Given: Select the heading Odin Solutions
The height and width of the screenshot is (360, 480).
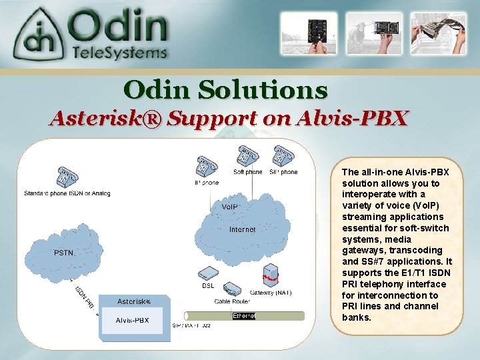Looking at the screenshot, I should click(x=226, y=89).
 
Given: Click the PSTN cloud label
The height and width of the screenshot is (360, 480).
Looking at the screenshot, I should click(x=64, y=253).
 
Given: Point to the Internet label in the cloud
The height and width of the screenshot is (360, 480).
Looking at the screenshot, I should click(x=242, y=229).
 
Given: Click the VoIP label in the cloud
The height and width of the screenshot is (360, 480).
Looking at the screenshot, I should click(x=229, y=207).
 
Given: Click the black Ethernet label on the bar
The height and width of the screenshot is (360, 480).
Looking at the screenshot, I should click(x=243, y=315).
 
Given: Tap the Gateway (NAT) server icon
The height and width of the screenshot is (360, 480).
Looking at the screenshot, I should click(x=269, y=276).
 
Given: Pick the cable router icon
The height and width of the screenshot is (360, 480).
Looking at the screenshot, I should click(x=231, y=290).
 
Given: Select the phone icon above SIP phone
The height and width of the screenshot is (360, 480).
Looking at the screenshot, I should click(x=282, y=156).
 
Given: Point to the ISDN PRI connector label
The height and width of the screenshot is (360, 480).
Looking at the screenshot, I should click(x=85, y=298).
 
